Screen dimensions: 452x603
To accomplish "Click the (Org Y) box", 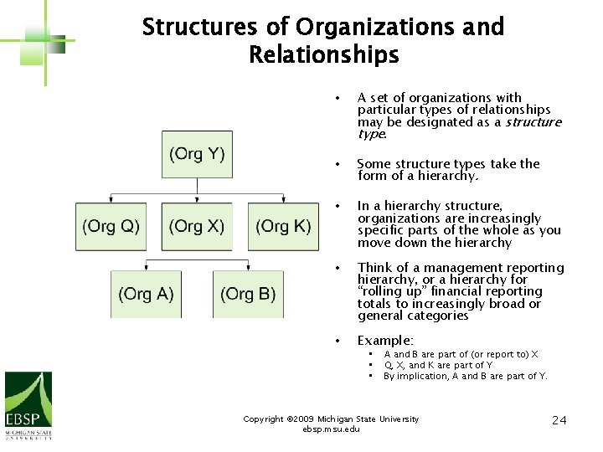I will [197, 154].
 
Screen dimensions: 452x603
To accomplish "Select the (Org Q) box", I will [111, 226].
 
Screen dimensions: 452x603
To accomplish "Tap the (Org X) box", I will [197, 226].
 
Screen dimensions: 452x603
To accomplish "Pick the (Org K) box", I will [283, 226].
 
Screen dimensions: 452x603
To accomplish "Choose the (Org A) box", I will [146, 294].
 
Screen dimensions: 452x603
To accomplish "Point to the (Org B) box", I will [248, 294].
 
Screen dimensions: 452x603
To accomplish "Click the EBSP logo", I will [28, 405].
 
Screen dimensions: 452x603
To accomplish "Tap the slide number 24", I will [559, 419].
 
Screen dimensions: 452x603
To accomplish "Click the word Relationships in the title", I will [323, 56].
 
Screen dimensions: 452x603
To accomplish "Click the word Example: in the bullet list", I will [385, 341].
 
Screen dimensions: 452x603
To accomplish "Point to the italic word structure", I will [533, 122].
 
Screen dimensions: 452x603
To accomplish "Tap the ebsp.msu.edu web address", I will [331, 429].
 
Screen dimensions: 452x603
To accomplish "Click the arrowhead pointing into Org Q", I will [111, 199].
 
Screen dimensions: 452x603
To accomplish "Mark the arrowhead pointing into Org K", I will [283, 199].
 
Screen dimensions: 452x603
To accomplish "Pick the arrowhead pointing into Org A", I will [146, 267].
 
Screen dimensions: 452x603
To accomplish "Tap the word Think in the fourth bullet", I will [374, 268].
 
